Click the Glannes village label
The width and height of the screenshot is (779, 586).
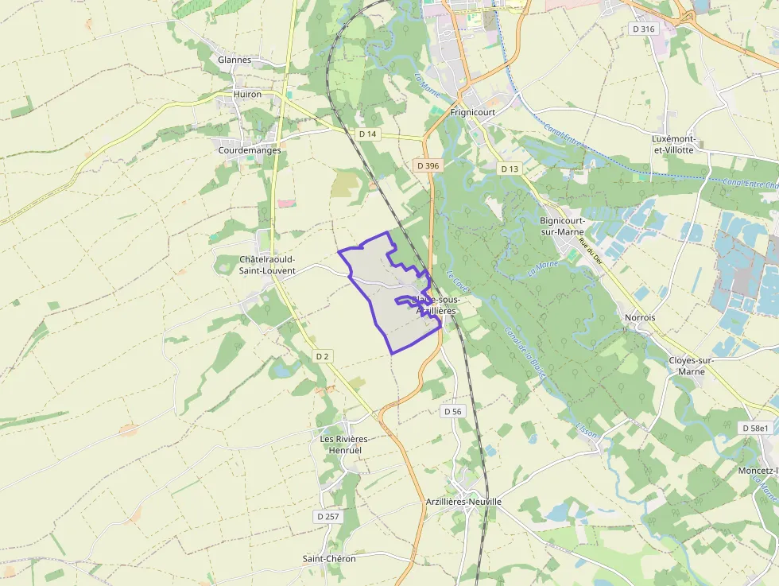click(x=234, y=60)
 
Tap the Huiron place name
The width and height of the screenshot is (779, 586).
click(x=247, y=94)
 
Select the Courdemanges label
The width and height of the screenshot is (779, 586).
click(x=250, y=150)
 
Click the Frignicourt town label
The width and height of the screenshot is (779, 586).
click(x=472, y=113)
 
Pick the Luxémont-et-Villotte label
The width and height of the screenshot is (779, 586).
click(x=672, y=144)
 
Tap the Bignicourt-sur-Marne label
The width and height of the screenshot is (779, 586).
click(x=562, y=226)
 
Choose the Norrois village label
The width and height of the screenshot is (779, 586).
click(x=640, y=317)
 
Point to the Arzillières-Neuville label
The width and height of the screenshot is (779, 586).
click(x=463, y=502)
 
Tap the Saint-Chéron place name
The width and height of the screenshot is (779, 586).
click(x=329, y=558)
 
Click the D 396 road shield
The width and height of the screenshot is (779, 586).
click(x=427, y=165)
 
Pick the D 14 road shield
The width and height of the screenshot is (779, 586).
click(x=367, y=134)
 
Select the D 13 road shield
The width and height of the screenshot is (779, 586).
click(x=510, y=169)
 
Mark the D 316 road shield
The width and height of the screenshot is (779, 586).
click(x=643, y=29)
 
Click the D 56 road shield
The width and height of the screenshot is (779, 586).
click(x=452, y=411)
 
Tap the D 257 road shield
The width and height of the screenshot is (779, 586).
click(x=327, y=517)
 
